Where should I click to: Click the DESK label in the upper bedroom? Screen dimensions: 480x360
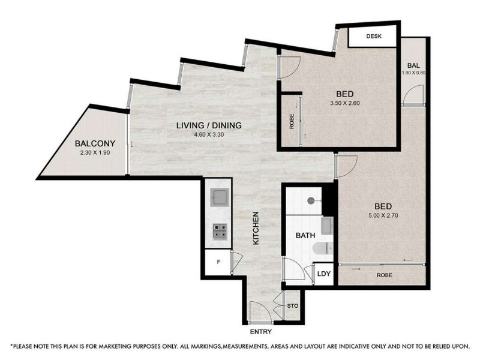(x=374, y=36)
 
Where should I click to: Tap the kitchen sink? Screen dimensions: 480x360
(x=219, y=197)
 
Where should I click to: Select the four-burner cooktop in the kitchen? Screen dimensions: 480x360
(x=220, y=231)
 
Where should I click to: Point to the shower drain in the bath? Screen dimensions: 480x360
(x=311, y=201)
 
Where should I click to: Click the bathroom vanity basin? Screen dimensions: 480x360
(x=327, y=226)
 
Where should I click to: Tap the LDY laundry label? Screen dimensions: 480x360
(x=324, y=274)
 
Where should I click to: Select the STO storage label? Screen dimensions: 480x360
(x=293, y=306)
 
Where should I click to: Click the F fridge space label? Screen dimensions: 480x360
(x=218, y=262)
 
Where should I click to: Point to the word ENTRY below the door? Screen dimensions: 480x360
(x=261, y=332)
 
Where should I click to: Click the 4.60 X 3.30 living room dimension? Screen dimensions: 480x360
(x=209, y=134)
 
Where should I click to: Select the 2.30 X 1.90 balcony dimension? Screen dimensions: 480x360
(x=95, y=153)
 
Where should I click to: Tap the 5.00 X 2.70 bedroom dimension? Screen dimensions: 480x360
(x=383, y=215)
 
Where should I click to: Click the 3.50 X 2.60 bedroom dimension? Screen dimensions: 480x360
(x=344, y=103)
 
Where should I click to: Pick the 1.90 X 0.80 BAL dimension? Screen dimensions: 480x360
(x=413, y=73)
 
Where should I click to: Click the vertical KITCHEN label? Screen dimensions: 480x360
(x=256, y=228)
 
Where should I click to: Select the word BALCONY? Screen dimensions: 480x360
(x=95, y=143)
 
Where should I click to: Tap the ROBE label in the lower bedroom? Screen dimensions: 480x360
(x=384, y=275)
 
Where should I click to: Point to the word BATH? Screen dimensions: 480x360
(x=305, y=235)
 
